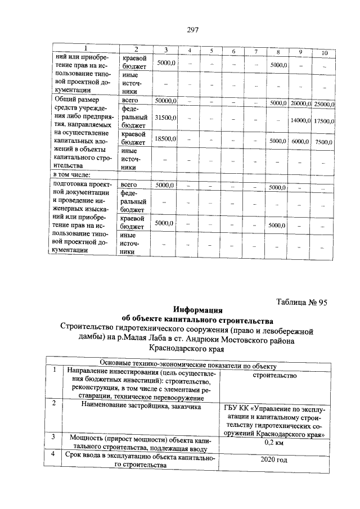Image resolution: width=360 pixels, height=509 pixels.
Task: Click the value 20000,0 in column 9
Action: coord(301,103)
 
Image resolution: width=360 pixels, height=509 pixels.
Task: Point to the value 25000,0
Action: coord(325,104)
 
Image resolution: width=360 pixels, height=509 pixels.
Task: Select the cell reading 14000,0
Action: coord(301,120)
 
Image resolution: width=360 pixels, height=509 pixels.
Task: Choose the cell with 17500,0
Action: coord(325,121)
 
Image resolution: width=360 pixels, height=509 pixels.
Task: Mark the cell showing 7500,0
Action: coord(323,142)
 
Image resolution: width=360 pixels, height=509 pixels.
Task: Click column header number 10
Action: coord(324,53)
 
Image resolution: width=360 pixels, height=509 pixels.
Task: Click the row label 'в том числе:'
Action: coord(68,175)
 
